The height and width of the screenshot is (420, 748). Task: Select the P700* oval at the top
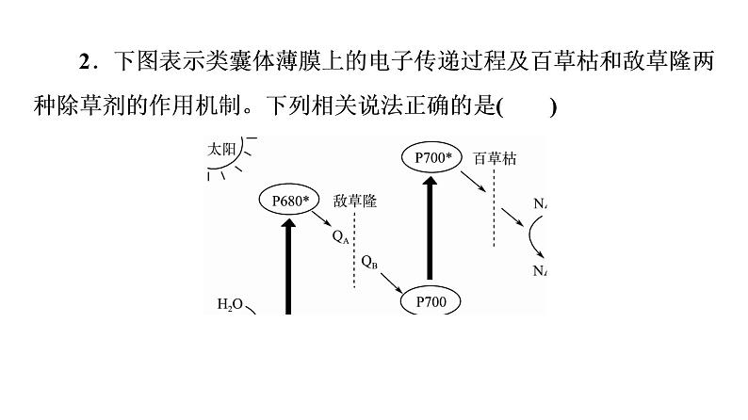pos(433,157)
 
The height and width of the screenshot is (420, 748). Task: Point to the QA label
pos(340,237)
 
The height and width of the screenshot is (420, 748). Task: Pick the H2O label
pos(230,305)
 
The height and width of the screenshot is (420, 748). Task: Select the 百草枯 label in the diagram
pos(495,158)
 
